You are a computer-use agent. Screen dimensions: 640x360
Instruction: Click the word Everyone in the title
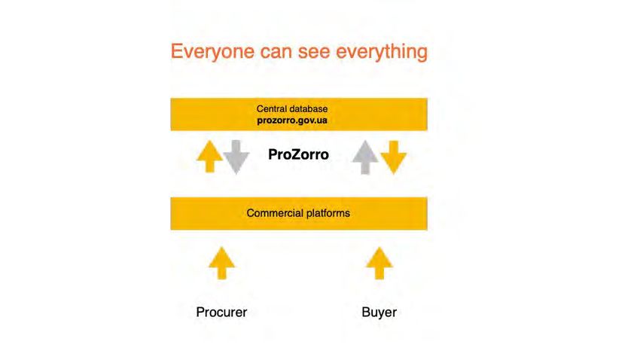click(212, 52)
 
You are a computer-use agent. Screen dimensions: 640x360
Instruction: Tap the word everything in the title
click(382, 52)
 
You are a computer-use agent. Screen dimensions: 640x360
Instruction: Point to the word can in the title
click(276, 53)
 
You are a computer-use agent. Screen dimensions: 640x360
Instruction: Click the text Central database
click(292, 109)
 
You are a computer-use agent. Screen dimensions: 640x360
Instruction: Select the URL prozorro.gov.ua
click(292, 121)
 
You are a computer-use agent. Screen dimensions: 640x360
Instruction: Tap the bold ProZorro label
click(298, 154)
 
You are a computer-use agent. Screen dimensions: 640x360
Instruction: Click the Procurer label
click(221, 313)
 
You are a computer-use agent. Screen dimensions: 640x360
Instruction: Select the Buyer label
click(379, 313)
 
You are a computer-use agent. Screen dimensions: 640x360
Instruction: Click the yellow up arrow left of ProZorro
click(209, 157)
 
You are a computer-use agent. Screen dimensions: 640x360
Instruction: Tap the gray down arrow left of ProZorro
click(236, 157)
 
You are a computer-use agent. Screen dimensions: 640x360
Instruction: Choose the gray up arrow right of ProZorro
click(365, 157)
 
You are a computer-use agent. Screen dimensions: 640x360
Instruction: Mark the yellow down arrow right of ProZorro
click(394, 157)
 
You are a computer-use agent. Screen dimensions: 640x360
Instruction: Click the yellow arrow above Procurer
click(221, 263)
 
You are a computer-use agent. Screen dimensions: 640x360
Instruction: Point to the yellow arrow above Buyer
click(379, 263)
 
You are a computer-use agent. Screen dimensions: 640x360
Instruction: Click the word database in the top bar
click(309, 109)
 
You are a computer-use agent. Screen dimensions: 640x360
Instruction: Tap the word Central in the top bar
click(272, 109)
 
